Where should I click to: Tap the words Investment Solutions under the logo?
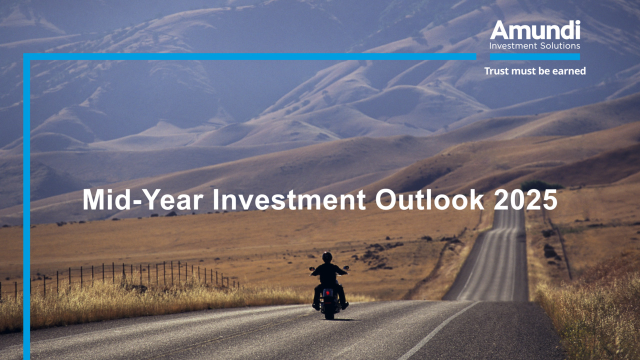tap(535, 45)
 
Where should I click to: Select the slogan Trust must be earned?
tap(535, 71)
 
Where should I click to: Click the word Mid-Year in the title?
tap(143, 199)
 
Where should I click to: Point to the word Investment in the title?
tap(289, 199)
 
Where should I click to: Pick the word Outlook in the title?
tap(429, 199)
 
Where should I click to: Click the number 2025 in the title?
tap(525, 199)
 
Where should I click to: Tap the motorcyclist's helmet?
tap(327, 257)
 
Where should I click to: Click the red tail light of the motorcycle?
tap(327, 293)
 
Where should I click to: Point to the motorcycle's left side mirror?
tap(311, 269)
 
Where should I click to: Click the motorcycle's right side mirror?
tap(346, 267)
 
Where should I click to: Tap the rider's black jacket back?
tap(328, 274)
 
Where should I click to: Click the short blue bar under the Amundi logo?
tap(535, 57)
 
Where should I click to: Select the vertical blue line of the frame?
tap(27, 206)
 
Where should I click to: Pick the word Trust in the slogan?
tap(496, 71)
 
